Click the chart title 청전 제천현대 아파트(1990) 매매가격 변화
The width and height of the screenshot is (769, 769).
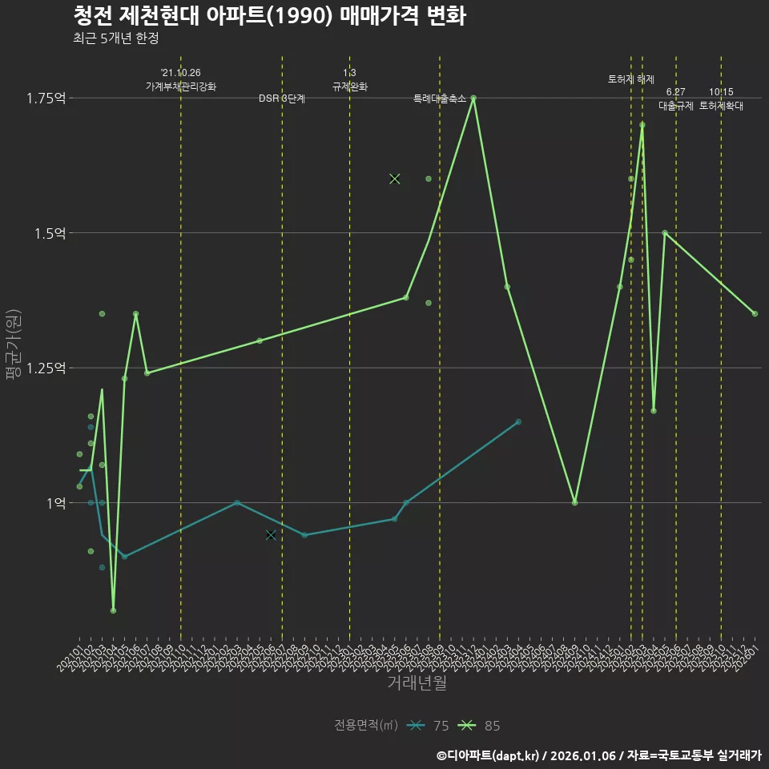click(x=269, y=16)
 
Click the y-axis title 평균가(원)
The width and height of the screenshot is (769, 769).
click(x=13, y=353)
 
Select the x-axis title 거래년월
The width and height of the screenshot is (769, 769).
click(x=417, y=683)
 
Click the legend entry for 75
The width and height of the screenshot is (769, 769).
click(x=429, y=726)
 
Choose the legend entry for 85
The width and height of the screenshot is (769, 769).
click(x=480, y=726)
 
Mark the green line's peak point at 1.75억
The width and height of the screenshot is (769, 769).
click(x=473, y=98)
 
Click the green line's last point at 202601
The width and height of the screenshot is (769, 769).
click(x=755, y=313)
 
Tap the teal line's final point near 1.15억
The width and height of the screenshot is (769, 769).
click(x=518, y=421)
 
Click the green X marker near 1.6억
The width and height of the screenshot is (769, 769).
click(x=394, y=179)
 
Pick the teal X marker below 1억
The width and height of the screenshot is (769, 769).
click(x=271, y=534)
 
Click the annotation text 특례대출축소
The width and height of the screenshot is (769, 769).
click(x=439, y=99)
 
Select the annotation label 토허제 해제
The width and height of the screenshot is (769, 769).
click(x=631, y=79)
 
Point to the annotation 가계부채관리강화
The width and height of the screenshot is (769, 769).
click(x=181, y=87)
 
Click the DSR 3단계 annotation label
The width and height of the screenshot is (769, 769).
click(x=282, y=99)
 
